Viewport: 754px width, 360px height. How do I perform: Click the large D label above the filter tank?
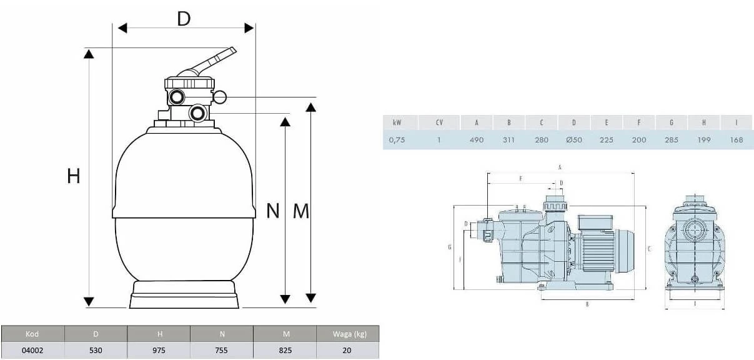(x=183, y=19)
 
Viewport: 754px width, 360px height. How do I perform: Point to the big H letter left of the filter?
(x=74, y=177)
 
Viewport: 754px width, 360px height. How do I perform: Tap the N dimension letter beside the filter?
(x=272, y=211)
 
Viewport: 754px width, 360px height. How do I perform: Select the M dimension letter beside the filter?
(x=301, y=211)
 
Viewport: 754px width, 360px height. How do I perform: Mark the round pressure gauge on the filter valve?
(x=221, y=96)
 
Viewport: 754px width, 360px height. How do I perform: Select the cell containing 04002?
(x=32, y=350)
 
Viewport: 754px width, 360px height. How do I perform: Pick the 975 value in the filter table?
(x=159, y=350)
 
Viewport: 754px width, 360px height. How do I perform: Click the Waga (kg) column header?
(x=347, y=334)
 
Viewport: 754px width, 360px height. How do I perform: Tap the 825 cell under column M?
(x=285, y=350)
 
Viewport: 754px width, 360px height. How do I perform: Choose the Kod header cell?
(x=32, y=334)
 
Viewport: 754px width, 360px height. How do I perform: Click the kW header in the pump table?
(x=397, y=122)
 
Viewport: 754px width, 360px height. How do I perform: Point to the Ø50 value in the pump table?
(x=573, y=140)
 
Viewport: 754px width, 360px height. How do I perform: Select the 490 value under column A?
(x=476, y=140)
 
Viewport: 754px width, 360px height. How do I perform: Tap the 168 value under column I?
(x=736, y=140)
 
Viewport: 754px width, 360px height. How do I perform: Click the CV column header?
(x=439, y=122)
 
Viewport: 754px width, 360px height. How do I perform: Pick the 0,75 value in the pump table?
(x=397, y=140)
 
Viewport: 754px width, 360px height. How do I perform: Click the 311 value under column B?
(x=508, y=140)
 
